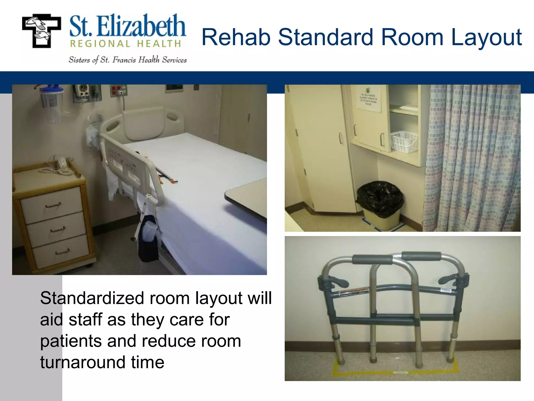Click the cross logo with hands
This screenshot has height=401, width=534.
[x=41, y=31]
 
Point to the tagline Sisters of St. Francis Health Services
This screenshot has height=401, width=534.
[x=128, y=60]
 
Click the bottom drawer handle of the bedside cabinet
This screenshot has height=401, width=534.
[x=63, y=252]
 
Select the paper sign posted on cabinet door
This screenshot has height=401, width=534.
[x=368, y=99]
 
